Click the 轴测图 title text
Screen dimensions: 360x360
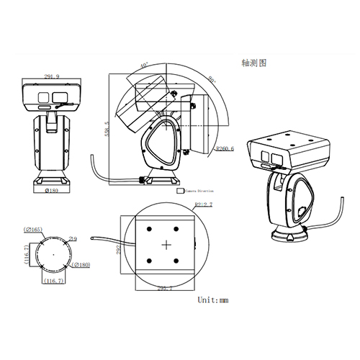(x=254, y=63)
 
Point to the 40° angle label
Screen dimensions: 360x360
(x=145, y=66)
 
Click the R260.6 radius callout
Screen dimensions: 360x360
(x=225, y=150)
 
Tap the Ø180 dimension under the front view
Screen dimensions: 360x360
(x=52, y=192)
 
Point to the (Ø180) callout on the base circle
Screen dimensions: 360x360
(x=81, y=266)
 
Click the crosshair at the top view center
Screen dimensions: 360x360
(x=167, y=244)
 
